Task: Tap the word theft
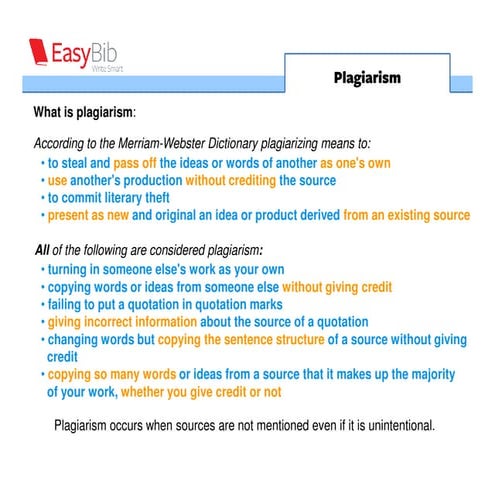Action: point(149,197)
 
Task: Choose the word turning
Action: point(69,269)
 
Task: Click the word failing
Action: point(67,304)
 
